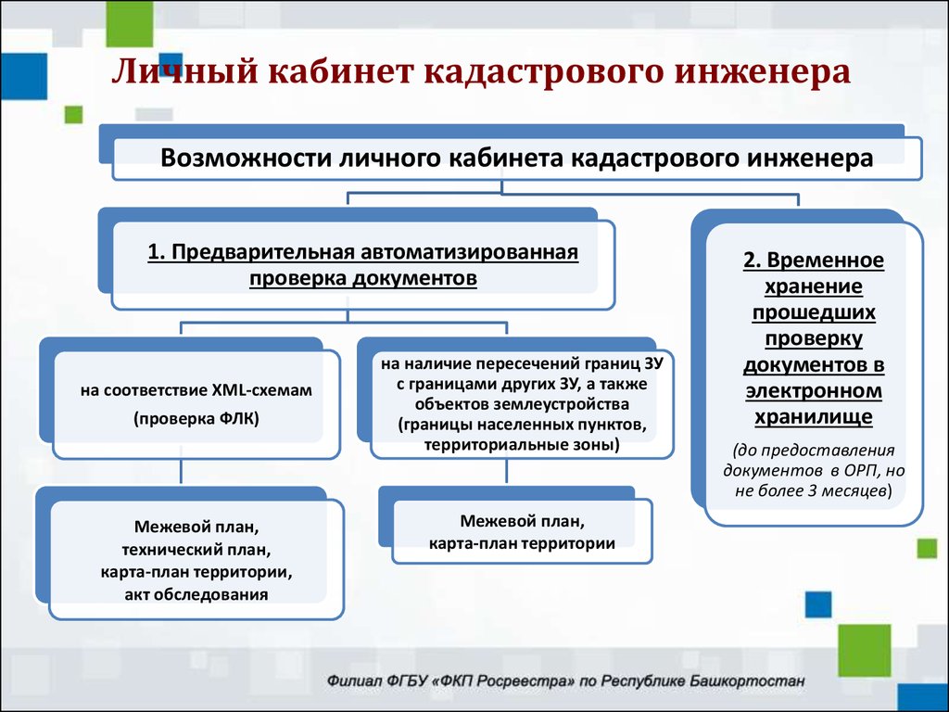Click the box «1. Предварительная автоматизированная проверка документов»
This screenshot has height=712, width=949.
tap(362, 265)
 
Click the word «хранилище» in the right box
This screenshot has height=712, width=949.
tap(813, 417)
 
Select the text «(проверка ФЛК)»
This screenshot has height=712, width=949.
tap(196, 419)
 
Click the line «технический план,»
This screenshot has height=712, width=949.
tap(196, 549)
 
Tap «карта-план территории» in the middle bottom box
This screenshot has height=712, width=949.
tap(522, 543)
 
